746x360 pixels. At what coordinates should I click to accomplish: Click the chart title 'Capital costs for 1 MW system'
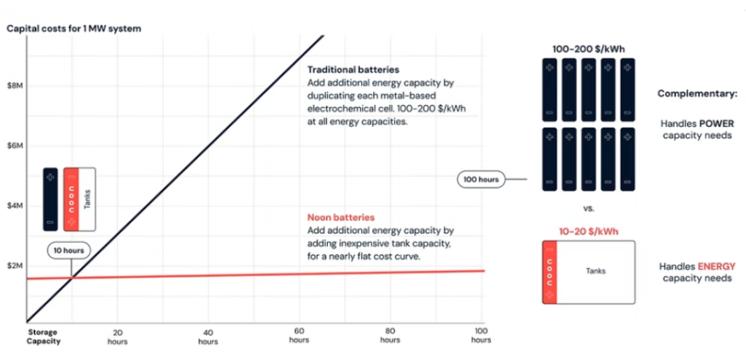pos(74,28)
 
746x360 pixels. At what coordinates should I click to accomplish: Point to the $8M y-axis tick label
pos(15,86)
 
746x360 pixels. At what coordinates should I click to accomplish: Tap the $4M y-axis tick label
pos(15,207)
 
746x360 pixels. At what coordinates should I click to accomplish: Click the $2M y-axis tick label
pos(15,267)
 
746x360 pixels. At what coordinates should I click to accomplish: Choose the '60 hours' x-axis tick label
pos(299,335)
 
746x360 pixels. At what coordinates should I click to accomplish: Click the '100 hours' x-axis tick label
pos(481,335)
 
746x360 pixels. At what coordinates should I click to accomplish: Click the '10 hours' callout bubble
pos(68,251)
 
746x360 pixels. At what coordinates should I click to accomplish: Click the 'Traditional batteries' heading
pos(353,70)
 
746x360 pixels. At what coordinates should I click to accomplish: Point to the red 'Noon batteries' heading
pos(341,217)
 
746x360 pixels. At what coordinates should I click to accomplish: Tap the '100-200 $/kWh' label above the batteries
pos(589,50)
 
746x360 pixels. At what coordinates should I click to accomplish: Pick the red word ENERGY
pos(717,267)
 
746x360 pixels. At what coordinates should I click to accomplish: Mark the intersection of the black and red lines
pos(71,277)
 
